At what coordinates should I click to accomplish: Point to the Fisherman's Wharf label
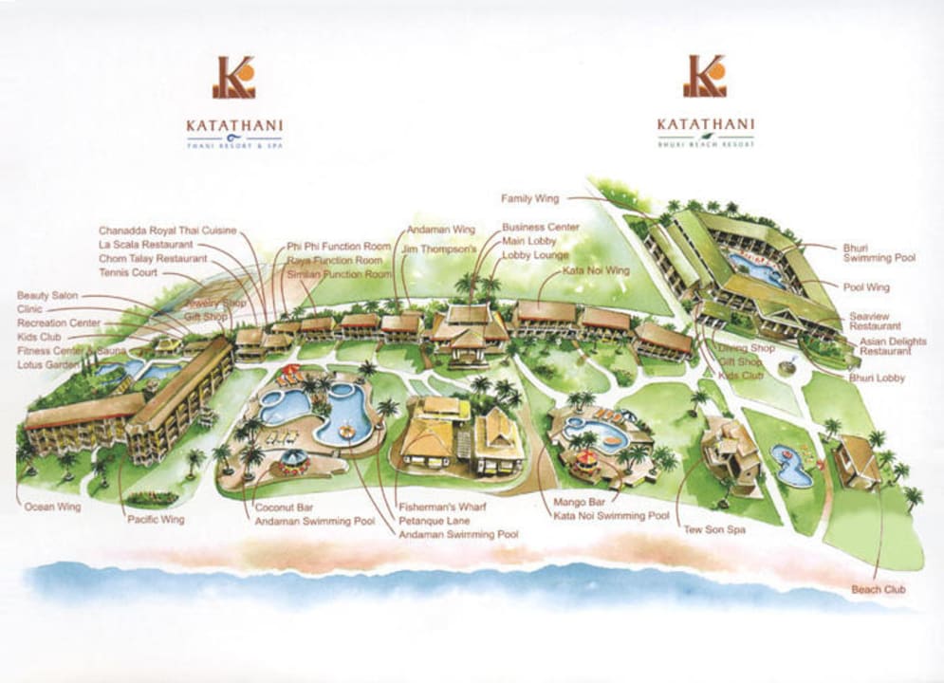click(442, 507)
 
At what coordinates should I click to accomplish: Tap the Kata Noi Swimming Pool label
click(611, 515)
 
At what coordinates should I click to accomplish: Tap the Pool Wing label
click(864, 286)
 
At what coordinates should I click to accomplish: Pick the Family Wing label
click(530, 198)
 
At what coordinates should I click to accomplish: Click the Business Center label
click(540, 228)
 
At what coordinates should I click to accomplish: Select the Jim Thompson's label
click(437, 249)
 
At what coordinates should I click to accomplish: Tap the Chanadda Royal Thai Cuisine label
click(167, 231)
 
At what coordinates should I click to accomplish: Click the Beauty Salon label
click(47, 296)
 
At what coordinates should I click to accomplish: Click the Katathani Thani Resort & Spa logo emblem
click(233, 78)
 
